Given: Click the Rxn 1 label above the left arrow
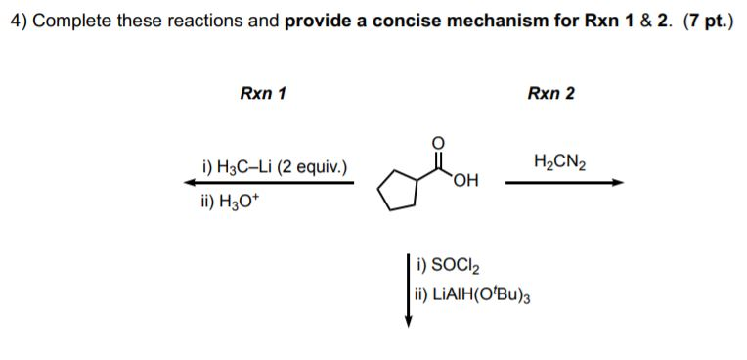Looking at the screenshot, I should [263, 94].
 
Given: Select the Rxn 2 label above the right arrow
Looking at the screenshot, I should [550, 94].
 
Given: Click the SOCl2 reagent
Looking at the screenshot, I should [446, 263].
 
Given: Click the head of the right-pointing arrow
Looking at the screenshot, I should [616, 182].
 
